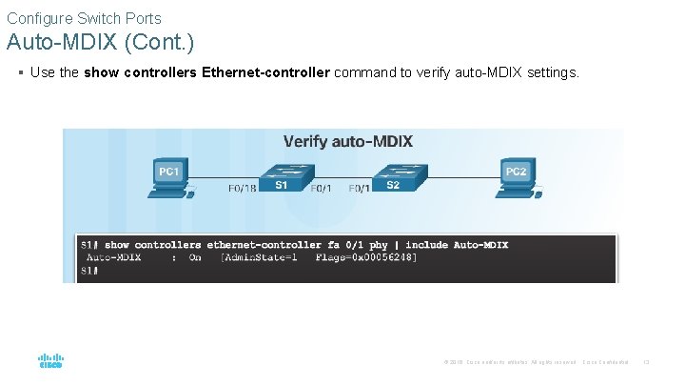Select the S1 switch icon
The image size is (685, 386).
[282, 178]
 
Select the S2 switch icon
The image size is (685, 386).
[393, 178]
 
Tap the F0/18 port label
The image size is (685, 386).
[242, 189]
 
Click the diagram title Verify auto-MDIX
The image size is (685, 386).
[347, 141]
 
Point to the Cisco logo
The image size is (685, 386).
[49, 362]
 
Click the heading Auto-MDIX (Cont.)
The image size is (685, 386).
[100, 43]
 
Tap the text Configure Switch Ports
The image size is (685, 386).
[84, 18]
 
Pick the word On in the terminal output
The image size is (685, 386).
[195, 257]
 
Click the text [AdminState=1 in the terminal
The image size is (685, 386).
[258, 257]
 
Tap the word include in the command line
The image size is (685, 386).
[427, 245]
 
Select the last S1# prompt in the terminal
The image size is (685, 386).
[88, 271]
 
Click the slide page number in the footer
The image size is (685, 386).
[646, 362]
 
